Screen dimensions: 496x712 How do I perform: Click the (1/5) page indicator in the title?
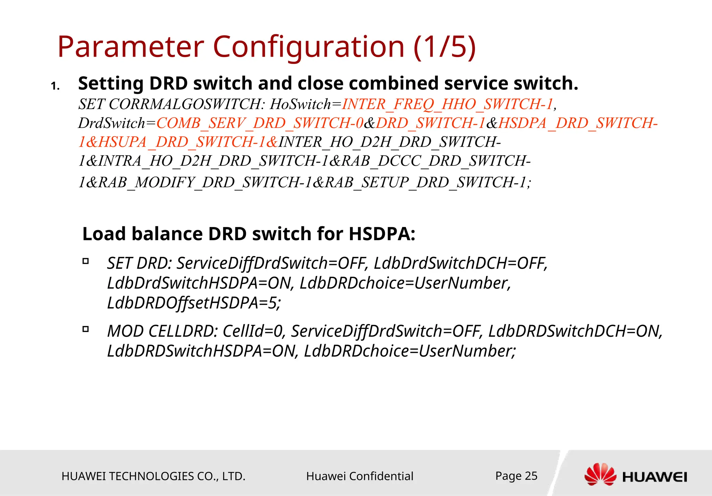pyautogui.click(x=444, y=47)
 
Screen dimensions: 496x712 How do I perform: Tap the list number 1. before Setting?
pyautogui.click(x=55, y=86)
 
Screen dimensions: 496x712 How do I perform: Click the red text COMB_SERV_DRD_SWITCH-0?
pyautogui.click(x=260, y=123)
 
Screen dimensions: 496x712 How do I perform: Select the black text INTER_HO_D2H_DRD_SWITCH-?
pyautogui.click(x=389, y=142)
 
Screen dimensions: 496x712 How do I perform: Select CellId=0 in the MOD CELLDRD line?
pyautogui.click(x=253, y=331)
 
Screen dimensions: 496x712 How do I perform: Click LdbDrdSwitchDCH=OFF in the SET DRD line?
pyautogui.click(x=460, y=263)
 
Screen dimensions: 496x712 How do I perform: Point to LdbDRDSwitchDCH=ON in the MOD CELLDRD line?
pyautogui.click(x=574, y=331)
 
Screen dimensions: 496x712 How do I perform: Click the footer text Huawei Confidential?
pyautogui.click(x=359, y=476)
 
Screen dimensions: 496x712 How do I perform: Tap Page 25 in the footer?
pyautogui.click(x=516, y=475)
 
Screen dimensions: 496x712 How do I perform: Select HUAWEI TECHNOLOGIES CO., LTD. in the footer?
pyautogui.click(x=153, y=476)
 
